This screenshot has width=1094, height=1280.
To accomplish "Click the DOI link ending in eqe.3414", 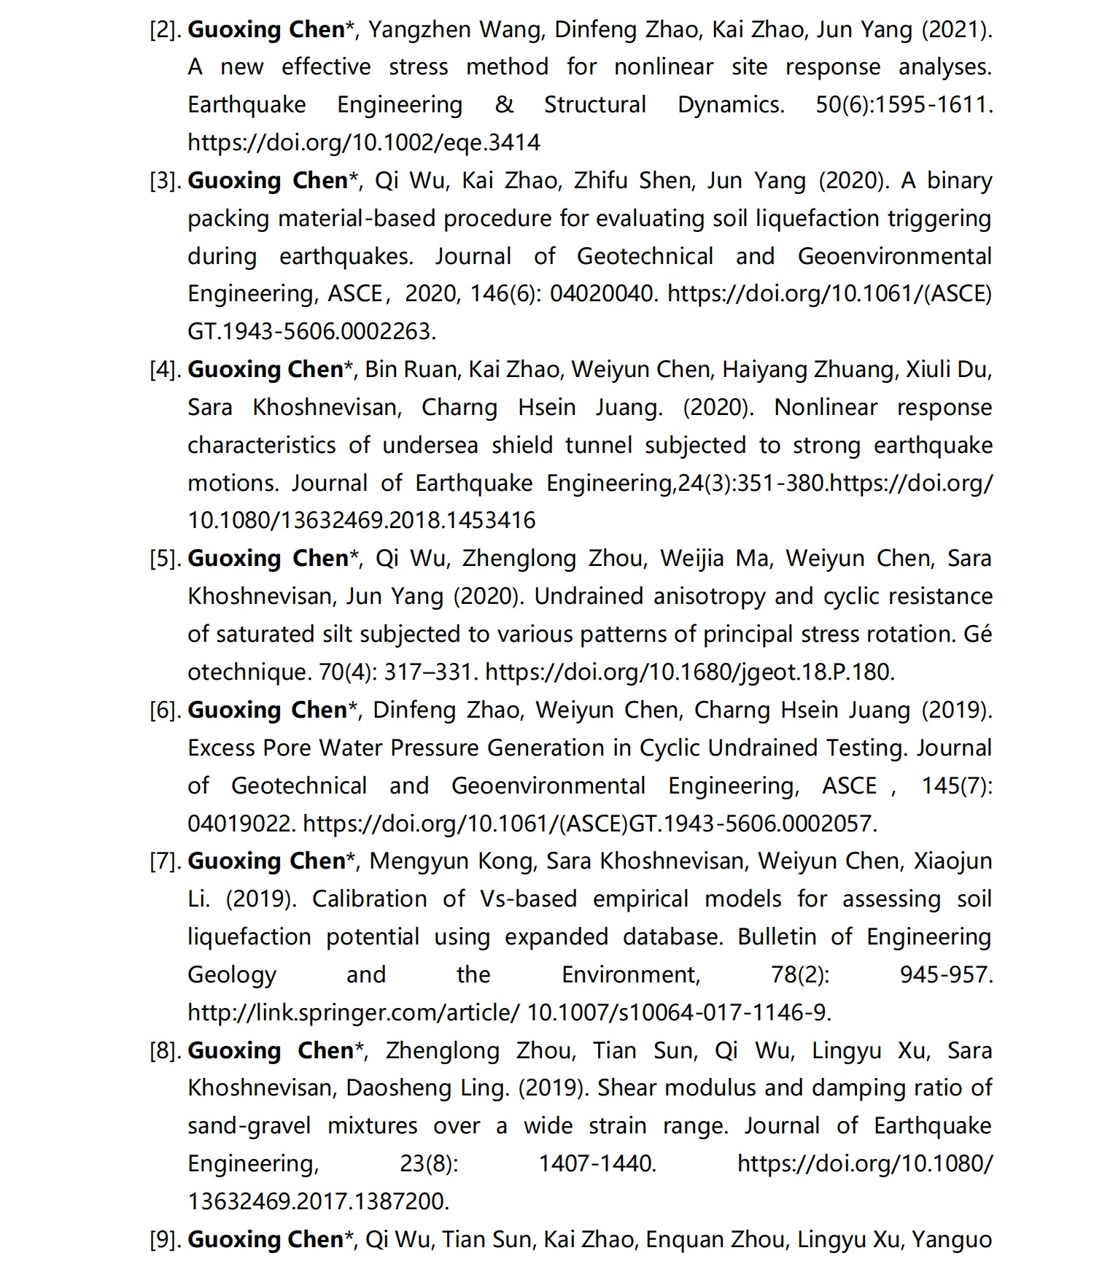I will pyautogui.click(x=363, y=141).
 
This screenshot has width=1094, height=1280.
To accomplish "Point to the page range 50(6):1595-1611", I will pyautogui.click(x=904, y=104).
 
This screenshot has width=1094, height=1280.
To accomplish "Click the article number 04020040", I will pyautogui.click(x=604, y=293).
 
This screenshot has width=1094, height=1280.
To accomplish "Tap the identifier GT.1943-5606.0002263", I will pyautogui.click(x=311, y=331).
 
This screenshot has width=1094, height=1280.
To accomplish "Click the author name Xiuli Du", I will pyautogui.click(x=948, y=369).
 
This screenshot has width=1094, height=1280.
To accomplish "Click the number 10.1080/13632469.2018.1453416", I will pyautogui.click(x=361, y=520).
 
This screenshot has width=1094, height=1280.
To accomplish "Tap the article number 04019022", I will pyautogui.click(x=241, y=823).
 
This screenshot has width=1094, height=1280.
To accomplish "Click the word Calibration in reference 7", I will pyautogui.click(x=369, y=899).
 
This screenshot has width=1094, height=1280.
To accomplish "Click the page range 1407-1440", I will pyautogui.click(x=597, y=1163).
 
